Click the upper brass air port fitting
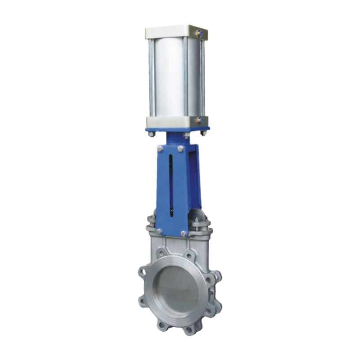[x=198, y=32]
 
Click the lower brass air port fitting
[x=198, y=120]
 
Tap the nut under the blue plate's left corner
[x=152, y=134]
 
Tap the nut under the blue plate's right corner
[x=203, y=133]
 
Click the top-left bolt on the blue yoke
[x=160, y=148]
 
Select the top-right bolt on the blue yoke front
[x=180, y=148]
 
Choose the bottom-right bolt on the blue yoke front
[x=183, y=234]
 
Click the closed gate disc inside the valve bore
[x=176, y=288]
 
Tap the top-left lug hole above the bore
[x=161, y=254]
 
